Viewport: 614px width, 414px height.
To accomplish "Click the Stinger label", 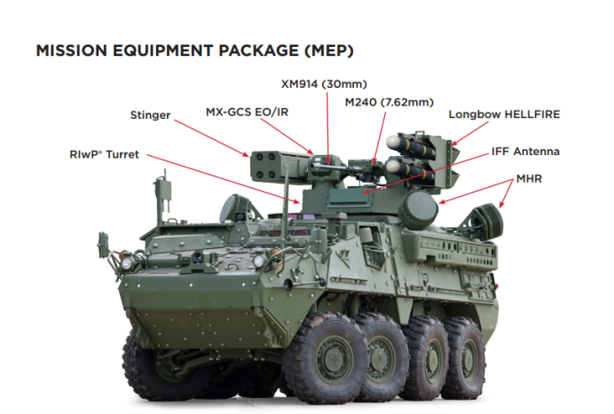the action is click(x=150, y=115).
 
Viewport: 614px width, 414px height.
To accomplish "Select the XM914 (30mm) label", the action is click(x=324, y=84).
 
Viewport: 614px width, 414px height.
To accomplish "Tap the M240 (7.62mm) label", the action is click(x=390, y=103).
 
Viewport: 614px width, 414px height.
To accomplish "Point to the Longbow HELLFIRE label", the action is click(x=504, y=114).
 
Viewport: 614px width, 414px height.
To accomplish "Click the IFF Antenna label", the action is click(x=525, y=152).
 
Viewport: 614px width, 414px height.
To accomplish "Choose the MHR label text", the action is click(x=529, y=179).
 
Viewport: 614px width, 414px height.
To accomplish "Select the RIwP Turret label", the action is click(x=104, y=154).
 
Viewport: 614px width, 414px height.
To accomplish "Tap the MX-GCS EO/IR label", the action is click(x=247, y=113).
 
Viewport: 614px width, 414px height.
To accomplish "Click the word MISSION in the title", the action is click(x=72, y=51).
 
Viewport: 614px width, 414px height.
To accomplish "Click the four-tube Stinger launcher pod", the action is click(x=278, y=167).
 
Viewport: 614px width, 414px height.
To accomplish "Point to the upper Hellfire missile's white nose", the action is click(x=393, y=142).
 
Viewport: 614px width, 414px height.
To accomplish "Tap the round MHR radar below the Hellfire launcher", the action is click(x=418, y=209).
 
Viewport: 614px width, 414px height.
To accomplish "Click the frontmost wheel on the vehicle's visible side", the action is click(x=326, y=357).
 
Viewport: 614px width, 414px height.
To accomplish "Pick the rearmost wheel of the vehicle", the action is click(x=466, y=357).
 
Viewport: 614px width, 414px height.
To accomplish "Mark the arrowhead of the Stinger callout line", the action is click(x=247, y=155).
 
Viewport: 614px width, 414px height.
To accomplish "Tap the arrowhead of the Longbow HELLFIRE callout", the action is click(x=453, y=144).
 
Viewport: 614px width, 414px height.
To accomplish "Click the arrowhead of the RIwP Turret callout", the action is click(x=297, y=202).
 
